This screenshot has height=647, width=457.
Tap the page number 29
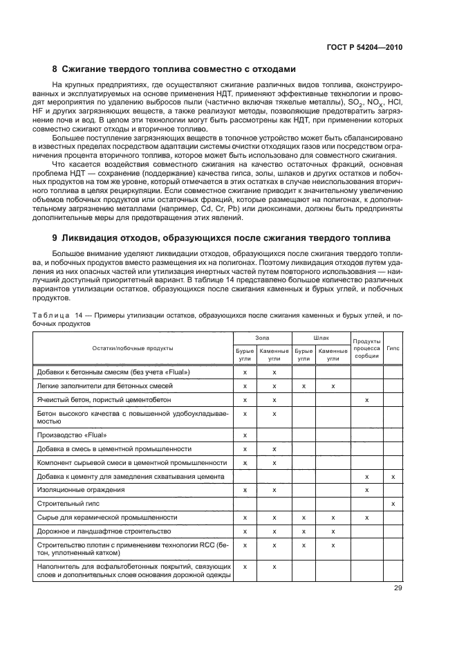click(x=397, y=588)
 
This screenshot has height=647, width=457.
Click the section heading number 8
click(x=56, y=69)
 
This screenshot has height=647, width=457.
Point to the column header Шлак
click(x=321, y=338)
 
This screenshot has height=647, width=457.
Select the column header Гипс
click(x=393, y=347)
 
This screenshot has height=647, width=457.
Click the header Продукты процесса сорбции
click(x=366, y=348)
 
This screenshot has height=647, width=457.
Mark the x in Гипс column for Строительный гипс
click(x=393, y=503)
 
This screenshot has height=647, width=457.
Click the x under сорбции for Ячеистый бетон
click(x=366, y=400)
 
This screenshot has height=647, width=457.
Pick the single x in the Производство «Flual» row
click(x=245, y=435)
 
